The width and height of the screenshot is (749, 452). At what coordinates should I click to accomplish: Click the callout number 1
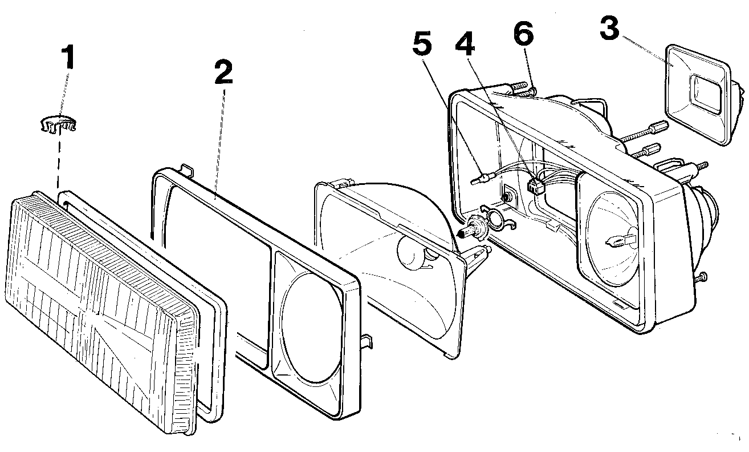point(68,57)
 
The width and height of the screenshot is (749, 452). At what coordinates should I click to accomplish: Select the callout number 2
point(223,72)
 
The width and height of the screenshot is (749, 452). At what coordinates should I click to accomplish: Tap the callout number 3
point(609,29)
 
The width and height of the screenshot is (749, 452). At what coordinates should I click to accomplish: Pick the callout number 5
point(422,43)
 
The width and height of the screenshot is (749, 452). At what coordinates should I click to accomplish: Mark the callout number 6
point(524,33)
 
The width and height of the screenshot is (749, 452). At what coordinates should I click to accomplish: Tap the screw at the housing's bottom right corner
point(699,277)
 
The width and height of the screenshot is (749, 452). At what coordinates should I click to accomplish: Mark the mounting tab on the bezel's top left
point(186,170)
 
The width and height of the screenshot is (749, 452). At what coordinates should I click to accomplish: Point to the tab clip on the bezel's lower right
point(367,341)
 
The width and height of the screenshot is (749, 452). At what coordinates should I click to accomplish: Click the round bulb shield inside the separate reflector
point(413,252)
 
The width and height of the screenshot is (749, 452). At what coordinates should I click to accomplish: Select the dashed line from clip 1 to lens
point(59,162)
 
